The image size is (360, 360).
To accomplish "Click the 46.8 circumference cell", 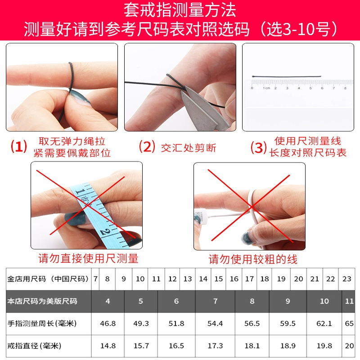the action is click(x=108, y=324).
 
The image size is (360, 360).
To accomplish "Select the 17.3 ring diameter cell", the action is click(x=215, y=346).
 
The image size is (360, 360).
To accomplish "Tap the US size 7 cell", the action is click(x=215, y=301).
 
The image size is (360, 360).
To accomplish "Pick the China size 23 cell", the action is click(x=346, y=279).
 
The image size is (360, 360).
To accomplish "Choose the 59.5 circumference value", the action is click(x=288, y=324).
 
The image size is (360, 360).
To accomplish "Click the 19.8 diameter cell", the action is click(x=324, y=346).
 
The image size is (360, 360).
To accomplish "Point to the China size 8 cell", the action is click(x=107, y=279).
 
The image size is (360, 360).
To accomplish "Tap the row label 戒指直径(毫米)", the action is click(x=34, y=346).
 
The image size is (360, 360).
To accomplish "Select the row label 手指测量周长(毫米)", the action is click(x=42, y=324).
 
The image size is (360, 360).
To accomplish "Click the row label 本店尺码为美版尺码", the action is click(x=42, y=301).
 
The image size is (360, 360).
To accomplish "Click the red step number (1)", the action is click(x=19, y=147).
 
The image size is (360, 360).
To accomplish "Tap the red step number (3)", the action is click(x=258, y=147).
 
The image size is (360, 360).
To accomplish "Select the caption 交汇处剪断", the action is click(x=189, y=148).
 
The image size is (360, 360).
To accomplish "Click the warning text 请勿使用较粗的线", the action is click(x=253, y=260).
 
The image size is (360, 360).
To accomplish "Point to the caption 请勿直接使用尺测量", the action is click(x=88, y=258).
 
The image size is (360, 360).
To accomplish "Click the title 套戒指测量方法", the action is click(x=180, y=10).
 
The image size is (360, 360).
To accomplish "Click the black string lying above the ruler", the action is click(x=287, y=76).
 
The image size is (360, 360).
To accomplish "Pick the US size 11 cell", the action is click(x=348, y=301).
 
